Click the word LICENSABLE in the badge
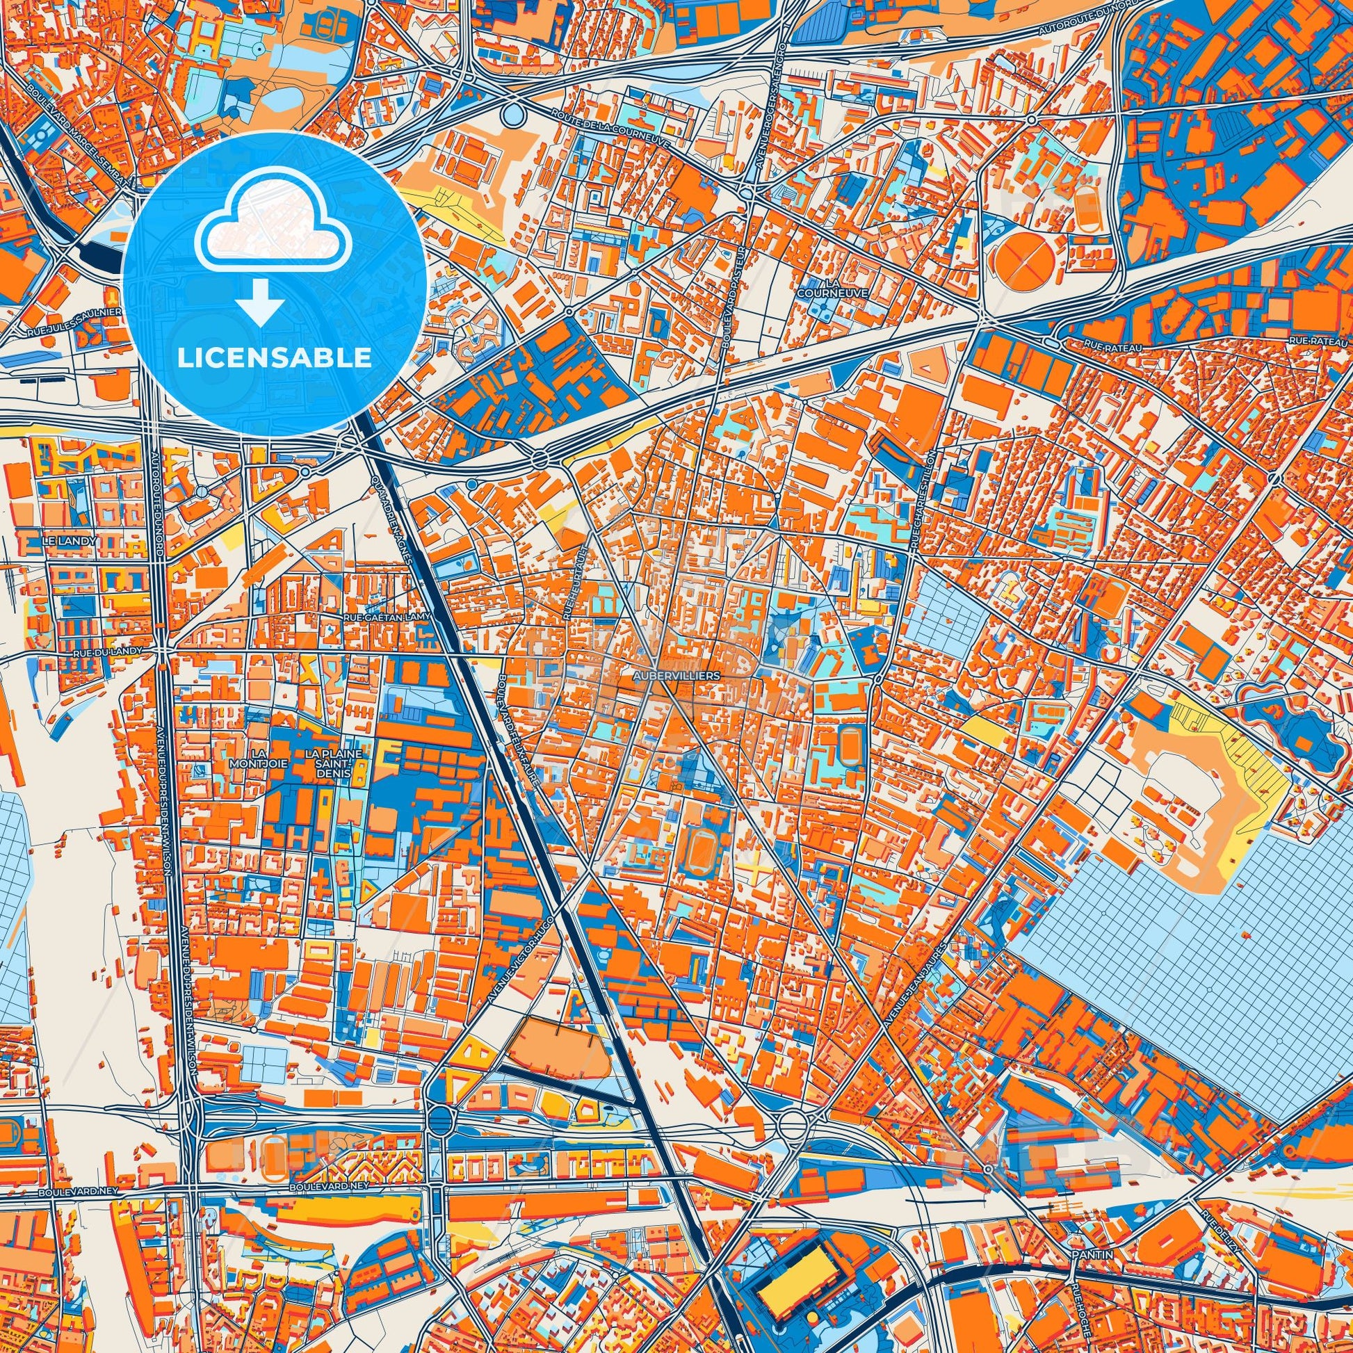click(x=275, y=357)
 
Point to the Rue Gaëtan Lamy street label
click(x=387, y=617)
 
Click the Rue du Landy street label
click(x=106, y=651)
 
